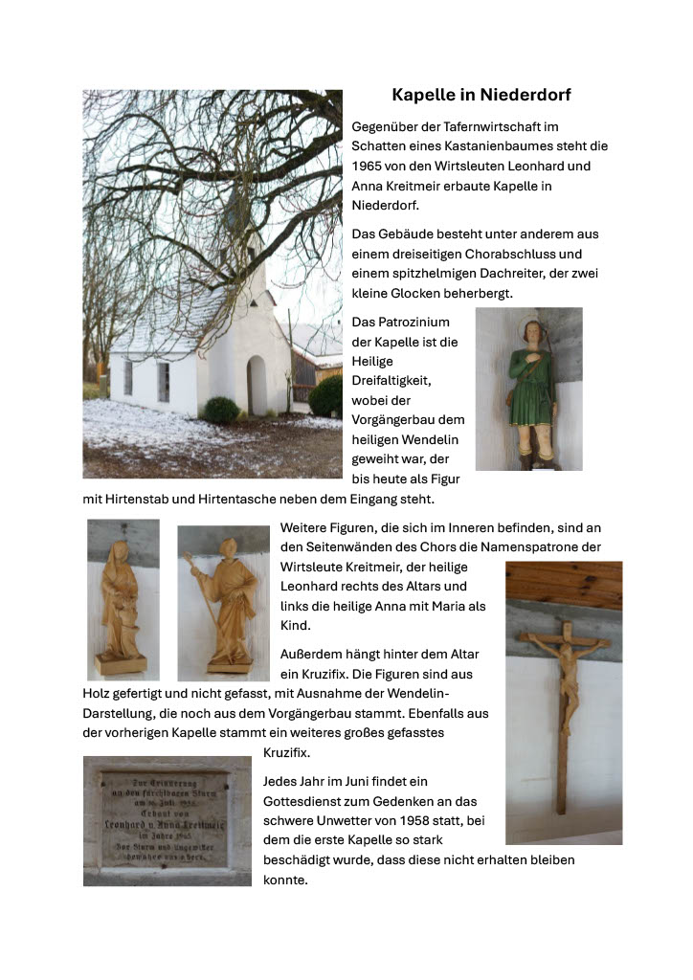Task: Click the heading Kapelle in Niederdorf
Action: [481, 95]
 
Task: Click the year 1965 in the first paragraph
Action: [368, 166]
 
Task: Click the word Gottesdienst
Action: [304, 801]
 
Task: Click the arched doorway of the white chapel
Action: [256, 385]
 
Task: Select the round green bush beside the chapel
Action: [221, 410]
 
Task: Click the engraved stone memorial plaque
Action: [166, 819]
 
